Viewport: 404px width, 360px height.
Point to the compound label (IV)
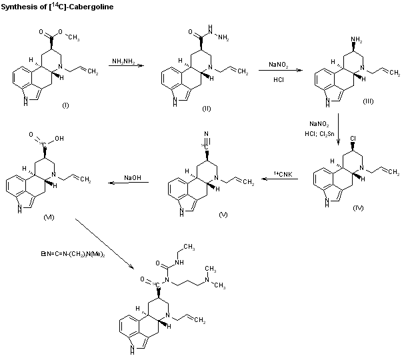(360, 208)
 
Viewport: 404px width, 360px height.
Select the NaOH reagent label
(131, 178)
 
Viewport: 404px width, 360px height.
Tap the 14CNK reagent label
(283, 173)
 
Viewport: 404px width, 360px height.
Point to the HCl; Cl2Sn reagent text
(321, 133)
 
